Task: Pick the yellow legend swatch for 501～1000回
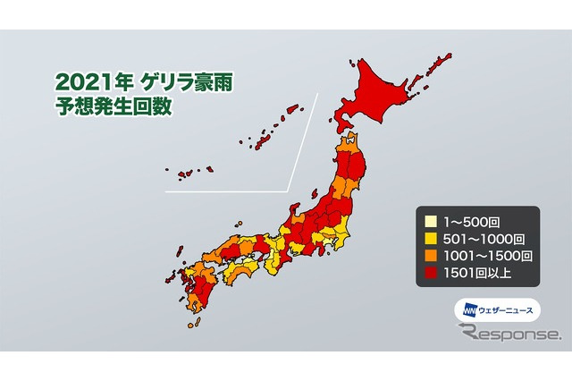click(x=431, y=238)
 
